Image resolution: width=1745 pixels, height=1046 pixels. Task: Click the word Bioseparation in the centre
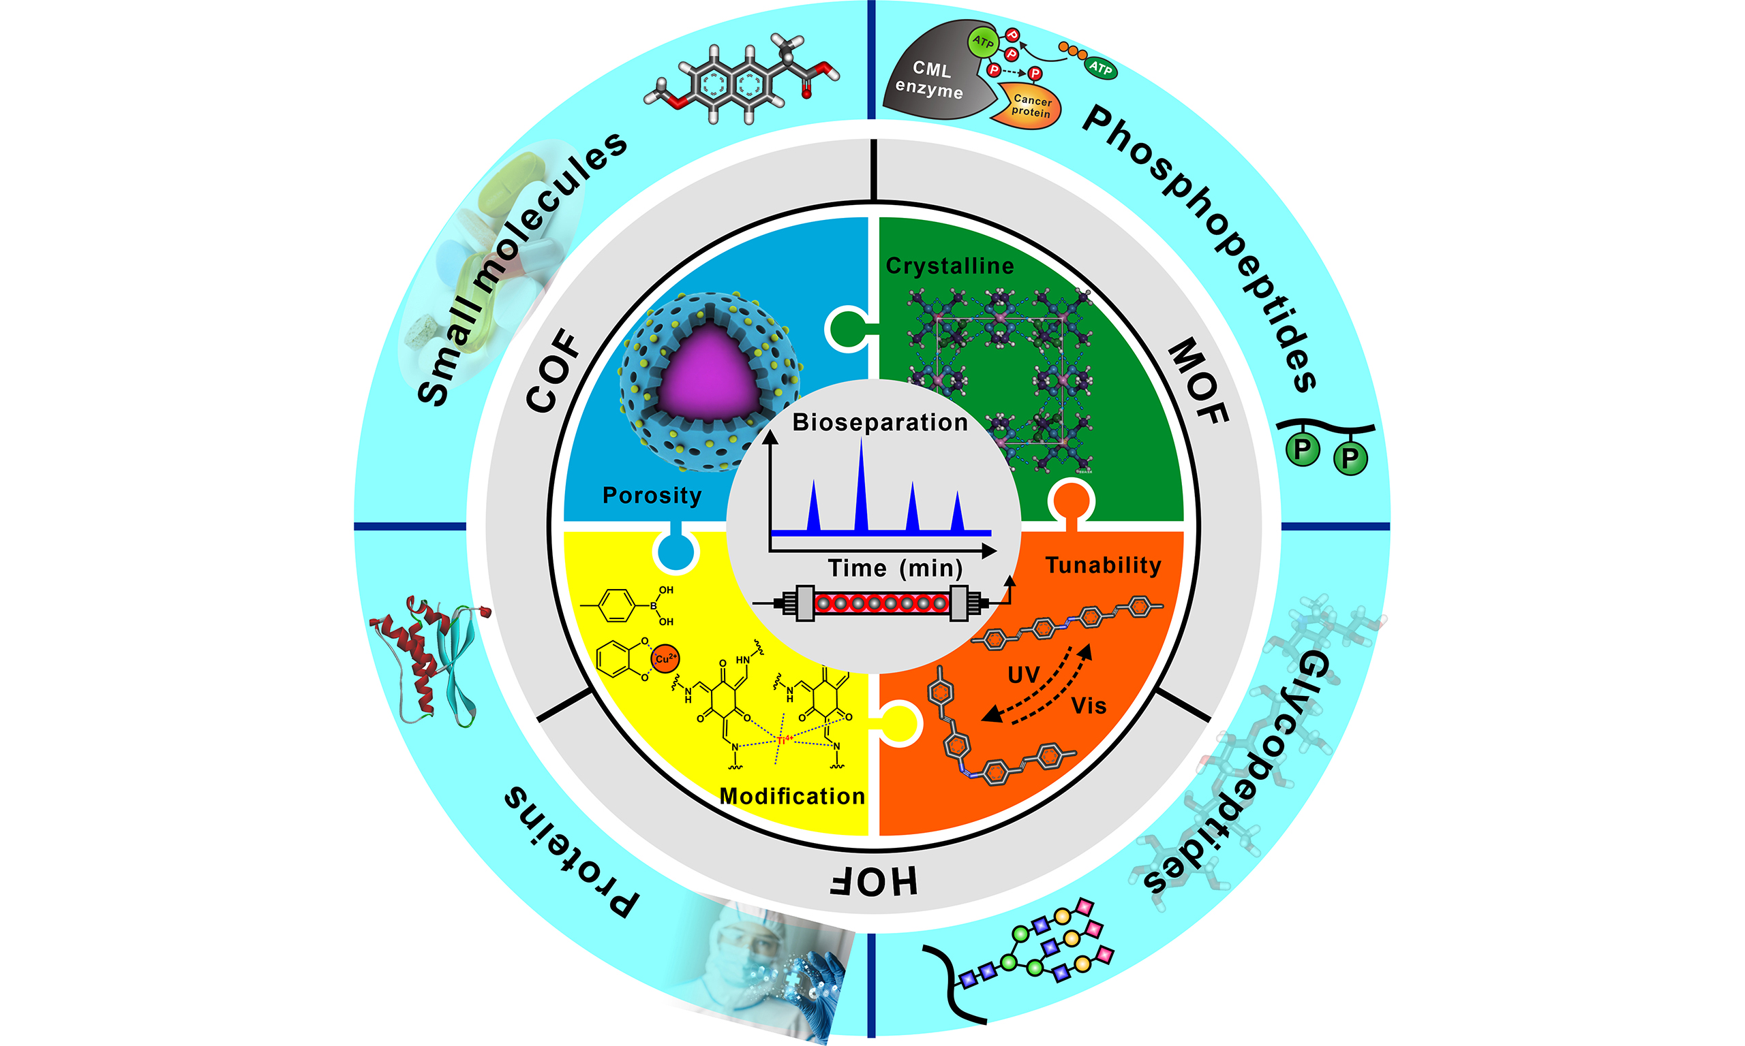tap(879, 422)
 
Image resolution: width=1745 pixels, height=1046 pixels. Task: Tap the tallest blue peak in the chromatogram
tap(860, 486)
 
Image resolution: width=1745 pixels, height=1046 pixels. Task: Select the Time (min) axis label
tap(895, 568)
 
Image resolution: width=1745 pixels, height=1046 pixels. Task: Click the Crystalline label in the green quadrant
tap(950, 266)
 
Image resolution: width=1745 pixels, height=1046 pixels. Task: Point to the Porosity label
tap(652, 496)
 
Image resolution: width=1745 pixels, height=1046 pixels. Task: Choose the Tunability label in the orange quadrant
tap(1103, 565)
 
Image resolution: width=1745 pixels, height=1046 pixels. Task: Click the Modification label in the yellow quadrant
tap(792, 796)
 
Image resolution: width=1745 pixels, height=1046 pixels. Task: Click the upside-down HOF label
tap(873, 881)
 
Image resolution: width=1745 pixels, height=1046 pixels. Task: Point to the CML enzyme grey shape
tap(931, 74)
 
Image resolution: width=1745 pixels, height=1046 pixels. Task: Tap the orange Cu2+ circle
tap(665, 659)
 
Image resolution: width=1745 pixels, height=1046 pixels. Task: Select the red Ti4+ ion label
tap(784, 740)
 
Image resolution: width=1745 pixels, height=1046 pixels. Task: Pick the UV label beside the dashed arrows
tap(1023, 676)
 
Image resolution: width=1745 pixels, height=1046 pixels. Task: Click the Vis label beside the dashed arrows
tap(1089, 706)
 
